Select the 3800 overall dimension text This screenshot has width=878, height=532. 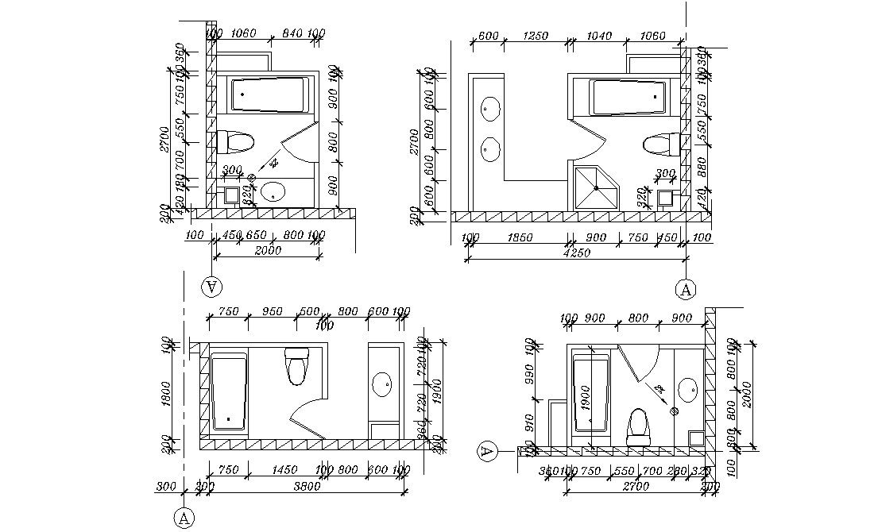[306, 486]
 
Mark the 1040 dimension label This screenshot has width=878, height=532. [598, 37]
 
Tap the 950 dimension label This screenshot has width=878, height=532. [273, 311]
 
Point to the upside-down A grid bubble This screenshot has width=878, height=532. [212, 285]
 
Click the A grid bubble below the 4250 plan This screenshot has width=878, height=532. [686, 290]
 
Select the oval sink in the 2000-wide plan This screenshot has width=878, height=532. [273, 191]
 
